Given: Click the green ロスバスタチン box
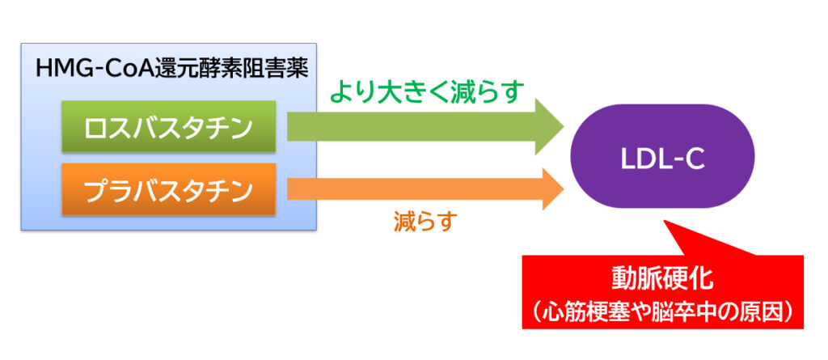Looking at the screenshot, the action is pyautogui.click(x=168, y=126).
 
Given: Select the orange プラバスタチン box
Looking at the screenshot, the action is pyautogui.click(x=168, y=189).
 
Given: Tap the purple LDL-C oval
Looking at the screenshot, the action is pyautogui.click(x=663, y=156).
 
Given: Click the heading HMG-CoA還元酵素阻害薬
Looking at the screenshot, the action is pyautogui.click(x=171, y=69).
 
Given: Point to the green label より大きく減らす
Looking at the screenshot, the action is pyautogui.click(x=428, y=91).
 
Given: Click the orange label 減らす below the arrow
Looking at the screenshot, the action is pyautogui.click(x=425, y=222).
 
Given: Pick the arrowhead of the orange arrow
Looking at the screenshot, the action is pyautogui.click(x=553, y=188).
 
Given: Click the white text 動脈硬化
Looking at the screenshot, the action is pyautogui.click(x=663, y=279).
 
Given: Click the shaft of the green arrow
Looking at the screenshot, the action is pyautogui.click(x=412, y=126).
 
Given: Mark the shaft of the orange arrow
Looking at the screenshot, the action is pyautogui.click(x=415, y=188).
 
